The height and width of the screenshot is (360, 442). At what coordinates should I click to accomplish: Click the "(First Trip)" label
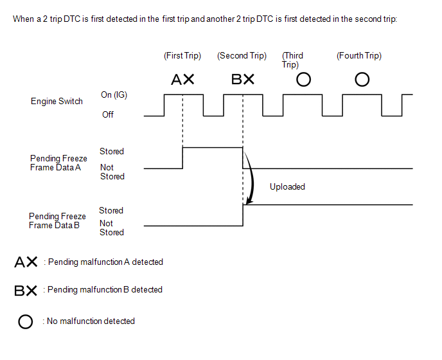pos(182,56)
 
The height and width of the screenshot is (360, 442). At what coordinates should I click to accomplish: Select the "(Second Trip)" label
pos(242,56)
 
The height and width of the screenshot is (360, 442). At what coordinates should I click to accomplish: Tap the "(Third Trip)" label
pos(292,60)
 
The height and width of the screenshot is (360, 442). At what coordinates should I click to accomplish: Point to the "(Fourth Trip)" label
pos(359,56)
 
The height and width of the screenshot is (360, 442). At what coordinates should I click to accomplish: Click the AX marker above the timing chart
pos(183,80)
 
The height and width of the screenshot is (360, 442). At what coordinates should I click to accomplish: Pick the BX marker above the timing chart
pos(243,80)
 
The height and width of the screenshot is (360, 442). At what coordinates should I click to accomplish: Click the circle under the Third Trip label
pos(303,80)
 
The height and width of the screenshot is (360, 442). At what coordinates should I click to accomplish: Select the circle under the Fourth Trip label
pos(362,80)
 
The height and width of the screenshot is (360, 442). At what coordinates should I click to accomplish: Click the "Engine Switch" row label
pos(57,102)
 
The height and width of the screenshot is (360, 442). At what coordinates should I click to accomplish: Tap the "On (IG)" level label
pos(114,95)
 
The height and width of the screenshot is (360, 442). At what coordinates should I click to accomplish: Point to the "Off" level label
pos(108,115)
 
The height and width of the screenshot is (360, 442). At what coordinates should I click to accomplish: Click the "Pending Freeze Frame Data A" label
pos(58,163)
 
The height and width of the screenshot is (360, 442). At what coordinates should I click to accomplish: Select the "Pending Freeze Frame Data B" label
pos(57,221)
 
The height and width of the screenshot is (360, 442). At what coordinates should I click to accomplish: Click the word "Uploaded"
pos(287,187)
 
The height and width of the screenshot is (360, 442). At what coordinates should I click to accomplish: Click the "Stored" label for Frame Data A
pos(112,152)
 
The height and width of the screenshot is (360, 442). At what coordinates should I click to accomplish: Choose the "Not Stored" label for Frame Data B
pos(111,228)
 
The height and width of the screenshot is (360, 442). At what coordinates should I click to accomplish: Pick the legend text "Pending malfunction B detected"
pos(105,290)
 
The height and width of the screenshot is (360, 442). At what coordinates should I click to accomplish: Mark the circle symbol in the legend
pos(26,321)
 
